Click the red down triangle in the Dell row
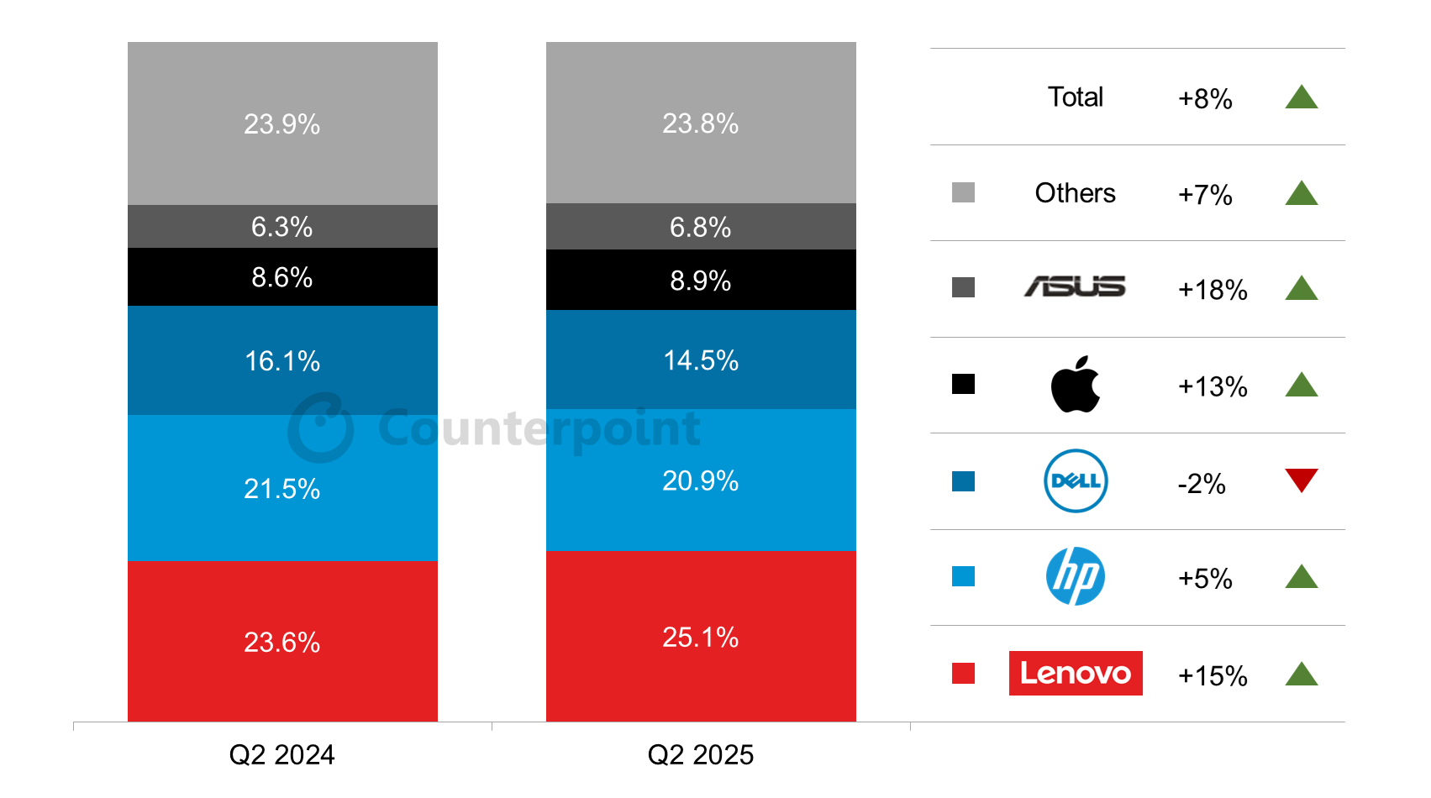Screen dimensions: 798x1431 [1301, 479]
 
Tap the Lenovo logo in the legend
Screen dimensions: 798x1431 [1075, 673]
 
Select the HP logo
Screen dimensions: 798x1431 [1075, 576]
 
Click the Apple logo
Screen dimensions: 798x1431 [1075, 385]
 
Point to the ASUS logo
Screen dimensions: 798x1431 [1075, 287]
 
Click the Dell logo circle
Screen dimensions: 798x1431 [1075, 480]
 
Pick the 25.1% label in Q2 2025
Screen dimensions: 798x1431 [700, 637]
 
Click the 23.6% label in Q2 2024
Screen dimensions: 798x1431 [281, 642]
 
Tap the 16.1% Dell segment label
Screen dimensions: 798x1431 [281, 361]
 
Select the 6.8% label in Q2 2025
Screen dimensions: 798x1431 [700, 227]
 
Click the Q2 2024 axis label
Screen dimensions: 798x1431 [281, 754]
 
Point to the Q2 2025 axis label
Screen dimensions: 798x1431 [700, 754]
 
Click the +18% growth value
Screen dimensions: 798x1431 [1212, 290]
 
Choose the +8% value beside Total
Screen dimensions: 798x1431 [1204, 98]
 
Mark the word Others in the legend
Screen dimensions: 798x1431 [1075, 193]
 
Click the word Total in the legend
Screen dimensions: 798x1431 [1075, 97]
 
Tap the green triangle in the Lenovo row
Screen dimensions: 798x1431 [1301, 675]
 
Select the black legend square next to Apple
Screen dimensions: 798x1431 [963, 384]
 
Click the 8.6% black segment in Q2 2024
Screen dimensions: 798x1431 [281, 277]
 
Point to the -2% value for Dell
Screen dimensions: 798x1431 [1201, 484]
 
